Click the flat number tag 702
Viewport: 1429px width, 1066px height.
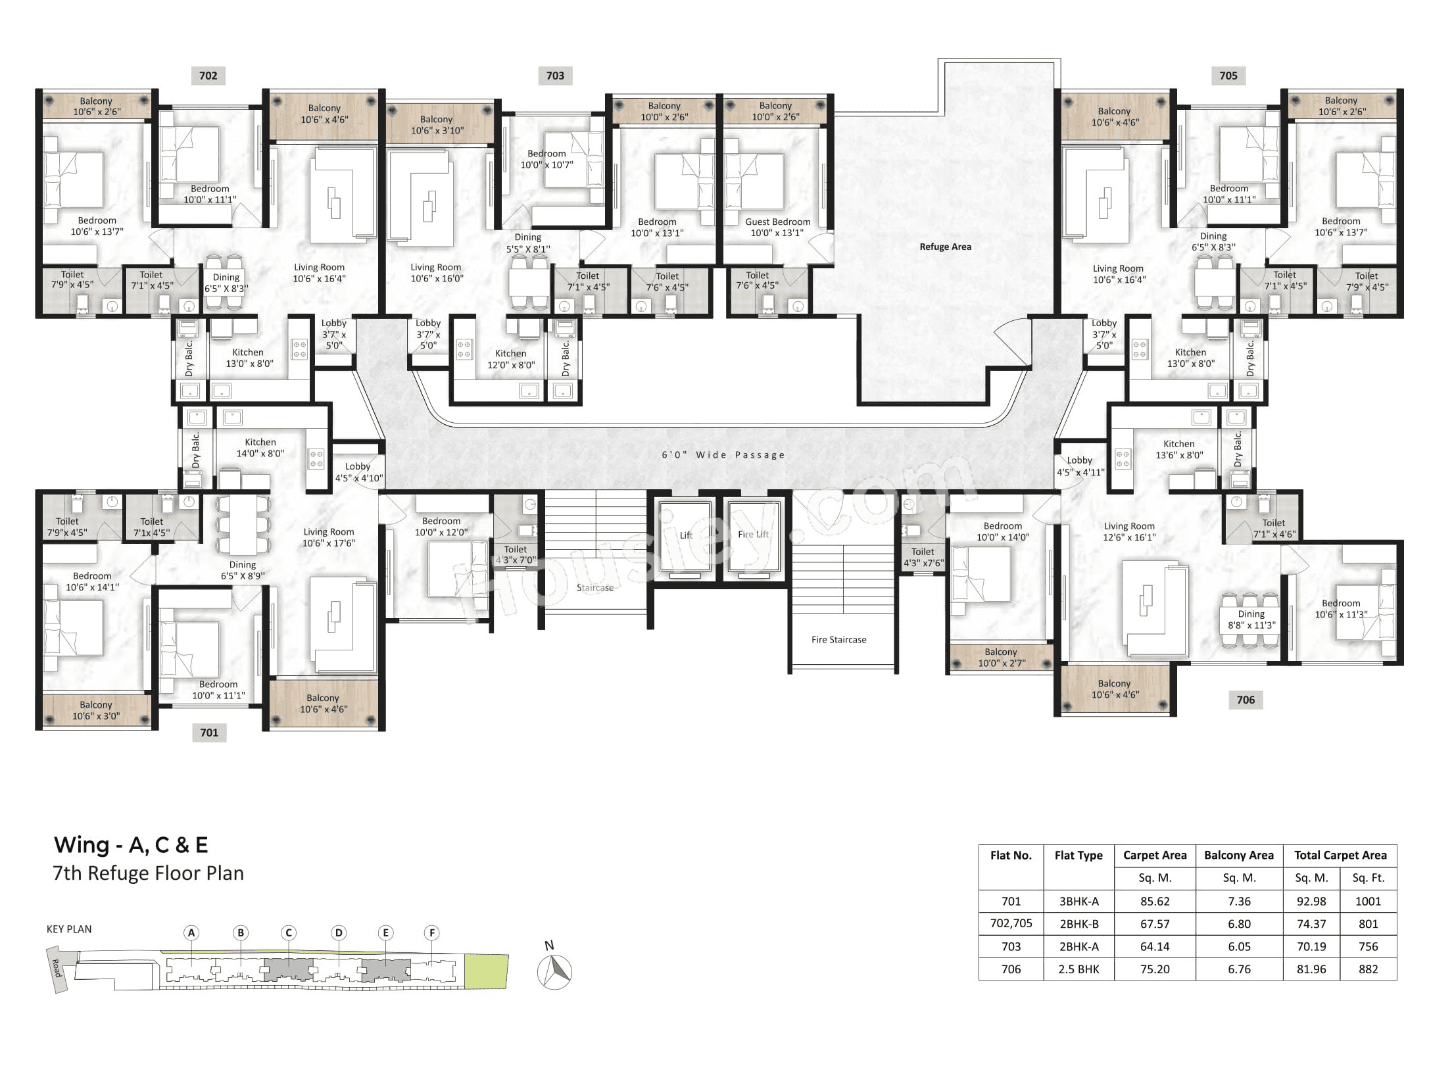tap(208, 76)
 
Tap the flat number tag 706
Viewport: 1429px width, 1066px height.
tap(1245, 700)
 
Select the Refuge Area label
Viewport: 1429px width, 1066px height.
tap(945, 247)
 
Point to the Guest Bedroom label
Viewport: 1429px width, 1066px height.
tap(777, 227)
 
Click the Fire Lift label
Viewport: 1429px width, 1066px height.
tap(753, 534)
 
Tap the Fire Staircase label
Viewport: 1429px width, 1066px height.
tap(838, 639)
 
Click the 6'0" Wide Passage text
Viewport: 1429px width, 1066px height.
tap(723, 454)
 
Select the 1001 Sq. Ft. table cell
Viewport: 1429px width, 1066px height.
tap(1368, 901)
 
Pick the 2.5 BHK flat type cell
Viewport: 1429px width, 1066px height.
tap(1078, 969)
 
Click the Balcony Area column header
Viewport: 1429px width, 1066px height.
tap(1238, 855)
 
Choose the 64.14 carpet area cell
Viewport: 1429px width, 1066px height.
tap(1154, 946)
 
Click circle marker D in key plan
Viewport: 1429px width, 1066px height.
tap(338, 933)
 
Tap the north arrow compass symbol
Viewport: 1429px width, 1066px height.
tap(554, 970)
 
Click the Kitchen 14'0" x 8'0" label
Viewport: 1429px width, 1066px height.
tap(260, 448)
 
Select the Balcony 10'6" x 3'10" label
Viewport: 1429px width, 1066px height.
tap(437, 125)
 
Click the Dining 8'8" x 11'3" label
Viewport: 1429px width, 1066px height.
tap(1251, 619)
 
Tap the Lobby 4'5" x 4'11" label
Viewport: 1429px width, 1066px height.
tap(1080, 466)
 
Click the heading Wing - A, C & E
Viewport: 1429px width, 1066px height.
tap(131, 844)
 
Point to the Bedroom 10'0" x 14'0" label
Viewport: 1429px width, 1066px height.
tap(1002, 531)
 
